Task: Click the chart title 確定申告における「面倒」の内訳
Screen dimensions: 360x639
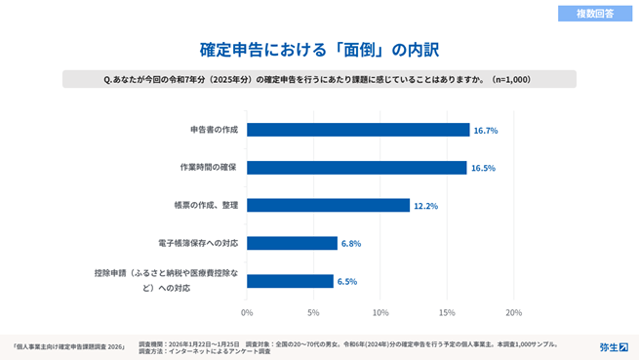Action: click(x=319, y=49)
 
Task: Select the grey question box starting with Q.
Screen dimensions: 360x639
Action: click(x=319, y=79)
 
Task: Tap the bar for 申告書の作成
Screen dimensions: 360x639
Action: click(x=358, y=130)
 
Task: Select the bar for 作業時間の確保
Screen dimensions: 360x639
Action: click(x=357, y=168)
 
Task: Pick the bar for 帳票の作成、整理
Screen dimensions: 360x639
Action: click(x=328, y=205)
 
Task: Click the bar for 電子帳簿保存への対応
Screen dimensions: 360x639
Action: click(x=292, y=243)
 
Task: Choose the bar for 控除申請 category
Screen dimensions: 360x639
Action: click(x=291, y=281)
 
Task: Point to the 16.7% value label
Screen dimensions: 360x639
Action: click(x=486, y=130)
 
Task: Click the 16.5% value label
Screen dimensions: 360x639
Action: click(x=483, y=168)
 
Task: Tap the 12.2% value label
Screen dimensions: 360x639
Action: click(x=425, y=206)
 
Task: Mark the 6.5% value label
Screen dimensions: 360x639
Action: click(x=346, y=281)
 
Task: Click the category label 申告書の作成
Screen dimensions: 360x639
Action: click(x=214, y=130)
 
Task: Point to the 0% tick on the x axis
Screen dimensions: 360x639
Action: click(x=247, y=313)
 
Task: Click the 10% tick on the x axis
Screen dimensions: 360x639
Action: click(x=380, y=313)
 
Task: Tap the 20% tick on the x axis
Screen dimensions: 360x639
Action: click(x=513, y=313)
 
